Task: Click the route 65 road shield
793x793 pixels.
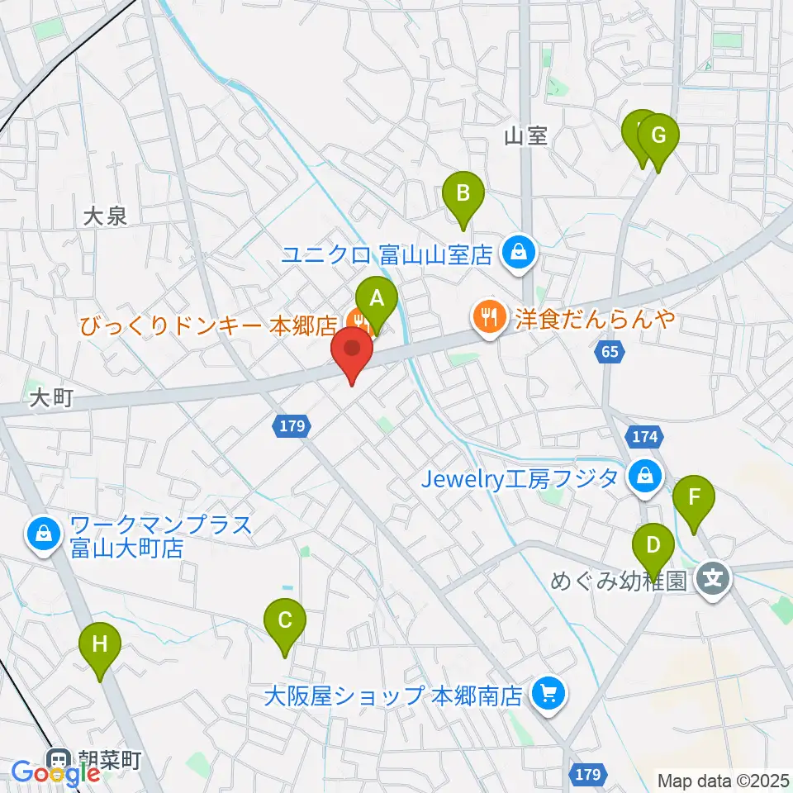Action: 609,353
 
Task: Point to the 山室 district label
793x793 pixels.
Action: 526,136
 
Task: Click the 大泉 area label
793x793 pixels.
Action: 106,216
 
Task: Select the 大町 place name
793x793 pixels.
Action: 51,399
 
